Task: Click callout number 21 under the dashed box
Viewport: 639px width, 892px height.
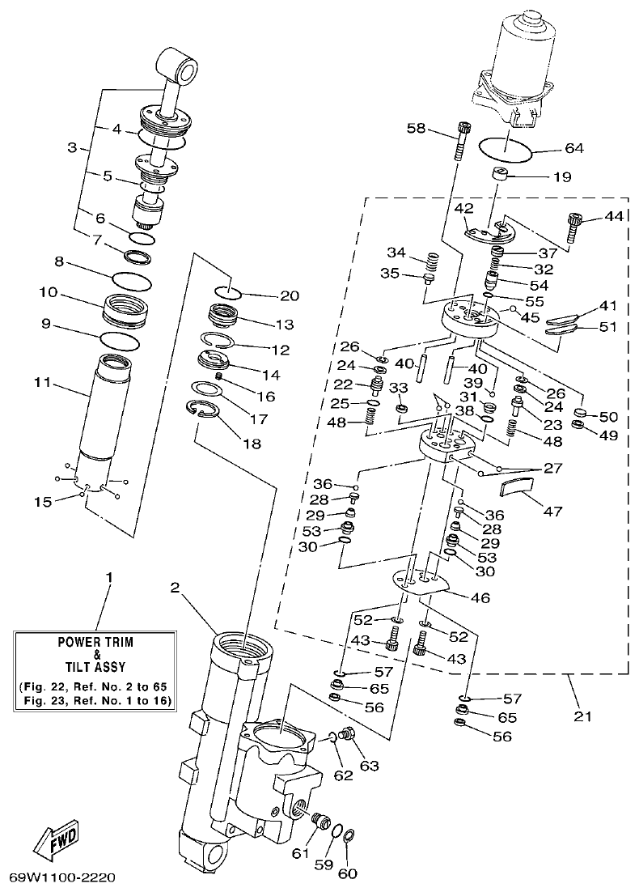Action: pos(582,716)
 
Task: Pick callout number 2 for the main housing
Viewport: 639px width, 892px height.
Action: pos(175,588)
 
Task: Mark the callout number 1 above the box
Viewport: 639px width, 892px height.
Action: pos(109,577)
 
